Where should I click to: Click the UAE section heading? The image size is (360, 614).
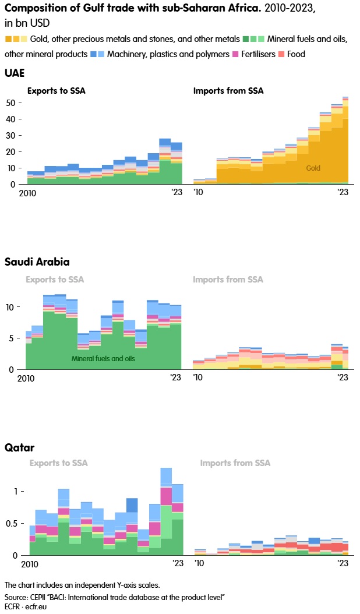[x=15, y=73]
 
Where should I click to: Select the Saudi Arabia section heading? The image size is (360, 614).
[x=37, y=262]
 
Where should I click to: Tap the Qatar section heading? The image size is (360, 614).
[x=19, y=448]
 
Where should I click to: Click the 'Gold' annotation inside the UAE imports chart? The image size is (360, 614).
[x=313, y=168]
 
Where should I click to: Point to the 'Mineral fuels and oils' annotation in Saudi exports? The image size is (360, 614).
[x=103, y=359]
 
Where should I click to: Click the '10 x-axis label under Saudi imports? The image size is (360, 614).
[x=199, y=377]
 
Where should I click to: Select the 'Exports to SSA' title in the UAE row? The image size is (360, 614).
[x=57, y=90]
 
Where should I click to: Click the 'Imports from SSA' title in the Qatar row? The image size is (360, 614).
[x=235, y=463]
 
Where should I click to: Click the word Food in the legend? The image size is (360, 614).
[x=296, y=54]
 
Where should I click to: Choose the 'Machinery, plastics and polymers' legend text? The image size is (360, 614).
[x=168, y=54]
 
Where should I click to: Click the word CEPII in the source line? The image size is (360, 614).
[x=39, y=598]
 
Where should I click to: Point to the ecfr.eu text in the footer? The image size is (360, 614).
[x=37, y=606]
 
